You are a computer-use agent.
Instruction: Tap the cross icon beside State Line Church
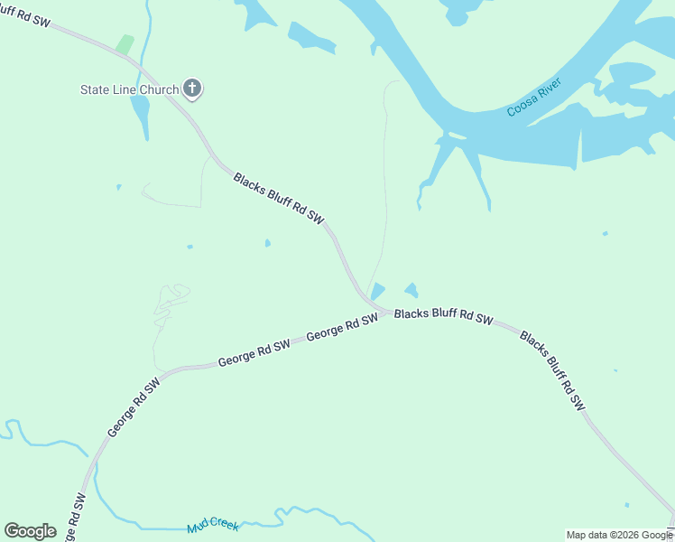tap(191, 88)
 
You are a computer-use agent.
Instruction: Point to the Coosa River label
tap(534, 98)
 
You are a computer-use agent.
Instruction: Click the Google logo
tap(30, 531)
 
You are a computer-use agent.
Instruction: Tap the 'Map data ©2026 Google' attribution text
tap(619, 535)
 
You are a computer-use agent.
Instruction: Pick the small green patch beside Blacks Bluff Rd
tap(125, 44)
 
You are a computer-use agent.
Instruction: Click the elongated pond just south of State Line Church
tap(140, 116)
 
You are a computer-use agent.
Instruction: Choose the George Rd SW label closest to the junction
tap(342, 328)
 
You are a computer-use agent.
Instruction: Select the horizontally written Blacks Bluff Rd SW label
tap(444, 316)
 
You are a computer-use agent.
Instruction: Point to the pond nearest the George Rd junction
tap(378, 291)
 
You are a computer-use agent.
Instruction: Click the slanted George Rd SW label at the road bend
tap(134, 408)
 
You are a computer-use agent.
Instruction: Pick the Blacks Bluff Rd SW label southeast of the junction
tap(553, 372)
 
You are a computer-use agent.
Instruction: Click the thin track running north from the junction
tap(386, 181)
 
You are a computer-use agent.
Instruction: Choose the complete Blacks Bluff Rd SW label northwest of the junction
tap(278, 198)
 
